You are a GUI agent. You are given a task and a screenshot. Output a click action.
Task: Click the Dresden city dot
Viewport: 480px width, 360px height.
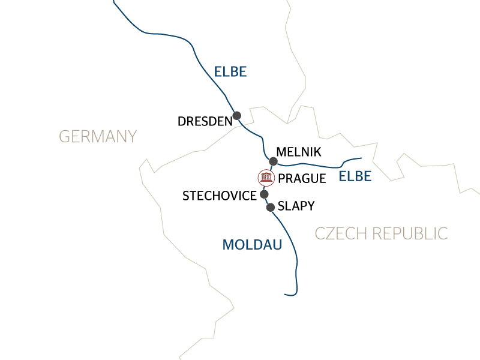[x=237, y=115]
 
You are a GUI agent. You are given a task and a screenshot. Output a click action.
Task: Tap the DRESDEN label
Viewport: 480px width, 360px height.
[x=205, y=122]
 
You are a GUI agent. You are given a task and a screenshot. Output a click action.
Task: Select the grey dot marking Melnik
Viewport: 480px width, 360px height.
[x=274, y=161]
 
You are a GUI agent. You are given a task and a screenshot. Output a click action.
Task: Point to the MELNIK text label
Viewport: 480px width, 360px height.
[x=299, y=153]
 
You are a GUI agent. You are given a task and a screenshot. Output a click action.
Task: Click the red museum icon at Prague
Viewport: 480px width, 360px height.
[x=265, y=178]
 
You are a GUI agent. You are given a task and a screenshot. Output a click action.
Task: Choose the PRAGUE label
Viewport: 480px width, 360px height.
[x=302, y=179]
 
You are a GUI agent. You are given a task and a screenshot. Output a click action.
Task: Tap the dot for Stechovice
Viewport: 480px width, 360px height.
[x=264, y=194]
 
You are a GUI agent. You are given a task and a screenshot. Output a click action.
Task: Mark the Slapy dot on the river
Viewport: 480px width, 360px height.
[x=271, y=208]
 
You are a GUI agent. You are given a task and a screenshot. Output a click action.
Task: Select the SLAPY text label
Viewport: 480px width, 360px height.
[x=296, y=206]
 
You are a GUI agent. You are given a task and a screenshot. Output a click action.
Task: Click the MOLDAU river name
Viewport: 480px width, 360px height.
[x=252, y=245]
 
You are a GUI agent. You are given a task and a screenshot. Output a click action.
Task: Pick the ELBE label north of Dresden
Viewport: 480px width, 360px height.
[x=230, y=73]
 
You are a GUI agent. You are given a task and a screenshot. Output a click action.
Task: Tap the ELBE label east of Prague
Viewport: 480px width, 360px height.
[x=355, y=176]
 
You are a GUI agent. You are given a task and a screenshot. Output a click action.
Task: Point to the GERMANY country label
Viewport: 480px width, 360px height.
[x=98, y=137]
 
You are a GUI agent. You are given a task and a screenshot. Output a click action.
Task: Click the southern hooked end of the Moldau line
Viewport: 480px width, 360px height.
[x=286, y=294]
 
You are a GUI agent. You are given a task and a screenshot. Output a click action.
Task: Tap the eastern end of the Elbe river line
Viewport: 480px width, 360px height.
[x=362, y=158]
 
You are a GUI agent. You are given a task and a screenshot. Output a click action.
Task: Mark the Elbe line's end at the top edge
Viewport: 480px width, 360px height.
[x=114, y=1]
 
